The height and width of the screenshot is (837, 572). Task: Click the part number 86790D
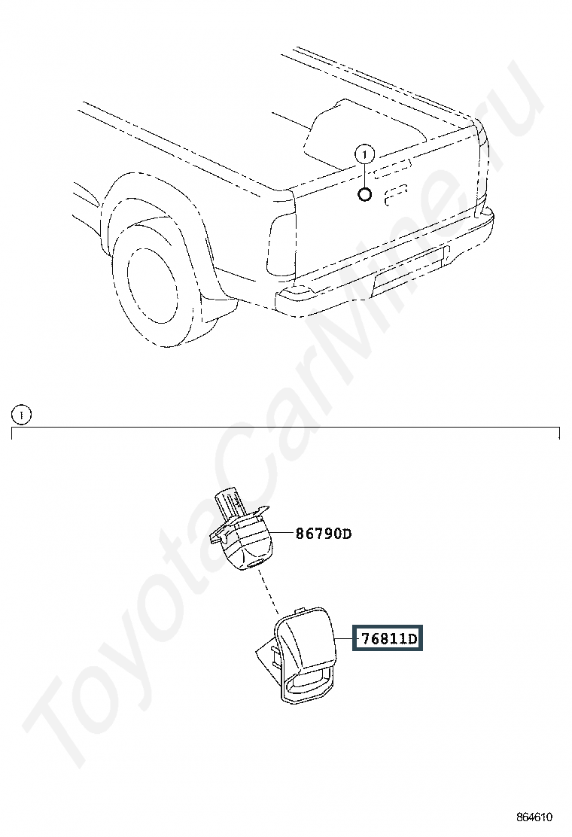coord(324,533)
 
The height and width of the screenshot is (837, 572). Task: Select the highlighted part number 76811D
coord(388,638)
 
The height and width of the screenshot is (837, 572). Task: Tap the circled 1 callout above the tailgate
coord(365,155)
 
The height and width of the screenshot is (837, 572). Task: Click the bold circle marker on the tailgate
coord(364,194)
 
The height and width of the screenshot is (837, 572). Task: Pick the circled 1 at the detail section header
coord(22,414)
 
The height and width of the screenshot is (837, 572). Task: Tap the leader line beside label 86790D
coord(283,533)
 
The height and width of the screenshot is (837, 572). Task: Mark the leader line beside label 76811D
coord(343,638)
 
